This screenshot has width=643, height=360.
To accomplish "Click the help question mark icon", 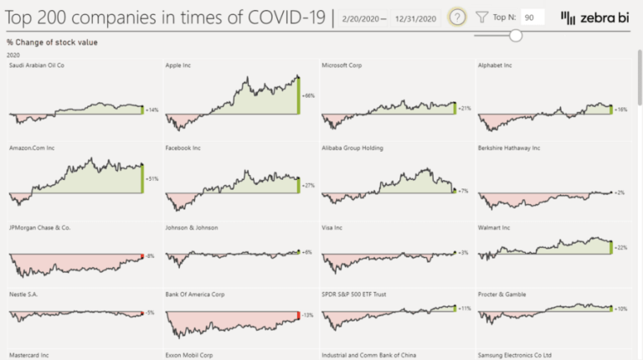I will [x=457, y=17].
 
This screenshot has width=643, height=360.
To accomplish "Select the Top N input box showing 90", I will [x=532, y=17].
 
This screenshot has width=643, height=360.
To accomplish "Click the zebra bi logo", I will [x=593, y=17].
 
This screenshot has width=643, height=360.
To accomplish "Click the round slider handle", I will [x=516, y=35].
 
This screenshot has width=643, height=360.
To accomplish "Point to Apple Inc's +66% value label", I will [x=308, y=96].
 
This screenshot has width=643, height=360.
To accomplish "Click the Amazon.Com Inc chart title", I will [x=32, y=148].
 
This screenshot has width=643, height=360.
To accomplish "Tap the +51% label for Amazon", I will [x=152, y=178].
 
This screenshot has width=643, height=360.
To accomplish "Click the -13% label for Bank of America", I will [x=307, y=316].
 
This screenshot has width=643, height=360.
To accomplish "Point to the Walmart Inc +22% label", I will [x=621, y=248].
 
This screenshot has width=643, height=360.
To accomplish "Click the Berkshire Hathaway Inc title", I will [x=509, y=148].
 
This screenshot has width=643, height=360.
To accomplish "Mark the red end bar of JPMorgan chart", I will [x=142, y=256].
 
